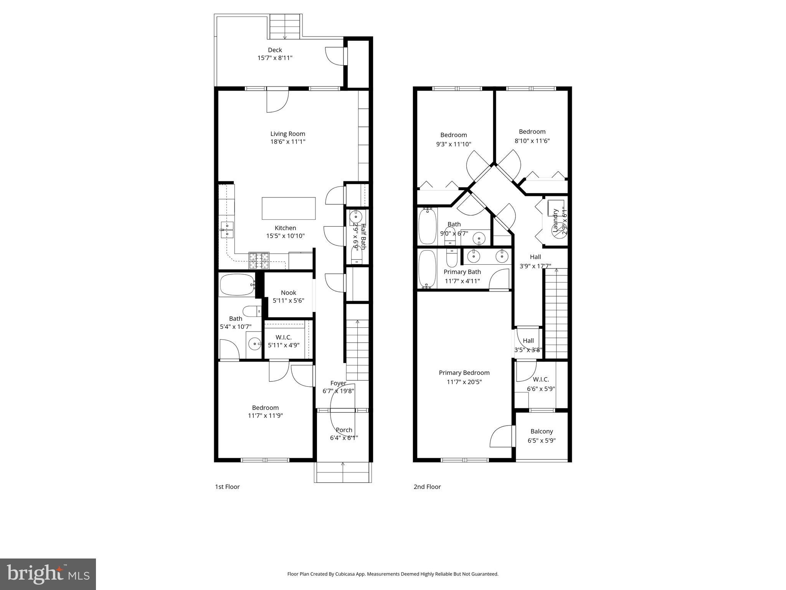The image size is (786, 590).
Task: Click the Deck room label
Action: (275, 50)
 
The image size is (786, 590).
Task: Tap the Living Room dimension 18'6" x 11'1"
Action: (287, 142)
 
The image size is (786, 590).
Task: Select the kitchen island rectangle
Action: (289, 208)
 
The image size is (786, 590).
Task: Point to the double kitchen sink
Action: (227, 230)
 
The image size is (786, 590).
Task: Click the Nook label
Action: (288, 293)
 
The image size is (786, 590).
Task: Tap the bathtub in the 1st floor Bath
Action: (236, 285)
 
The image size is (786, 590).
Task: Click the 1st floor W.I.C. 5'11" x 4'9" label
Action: (284, 341)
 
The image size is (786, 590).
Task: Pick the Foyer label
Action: (338, 383)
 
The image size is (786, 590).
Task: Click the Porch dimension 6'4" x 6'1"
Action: (344, 438)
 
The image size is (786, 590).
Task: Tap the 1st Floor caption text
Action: (227, 487)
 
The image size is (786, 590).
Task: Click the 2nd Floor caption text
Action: (427, 487)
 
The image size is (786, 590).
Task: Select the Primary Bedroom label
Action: (464, 373)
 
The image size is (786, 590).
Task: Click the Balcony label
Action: (542, 431)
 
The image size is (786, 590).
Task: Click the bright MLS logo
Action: (48, 574)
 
